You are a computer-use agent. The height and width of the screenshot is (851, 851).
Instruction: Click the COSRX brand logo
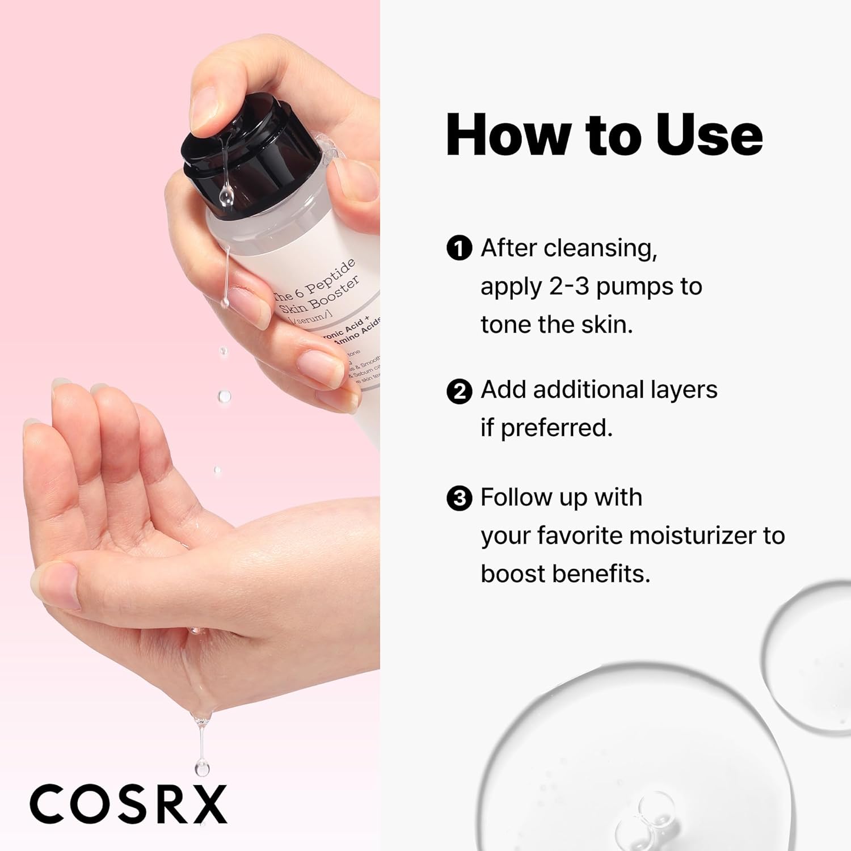tap(128, 804)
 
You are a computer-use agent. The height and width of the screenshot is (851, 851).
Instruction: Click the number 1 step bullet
tap(459, 248)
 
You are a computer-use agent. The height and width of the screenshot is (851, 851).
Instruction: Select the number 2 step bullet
tap(459, 391)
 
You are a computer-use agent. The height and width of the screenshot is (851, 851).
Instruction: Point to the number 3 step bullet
tap(459, 499)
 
